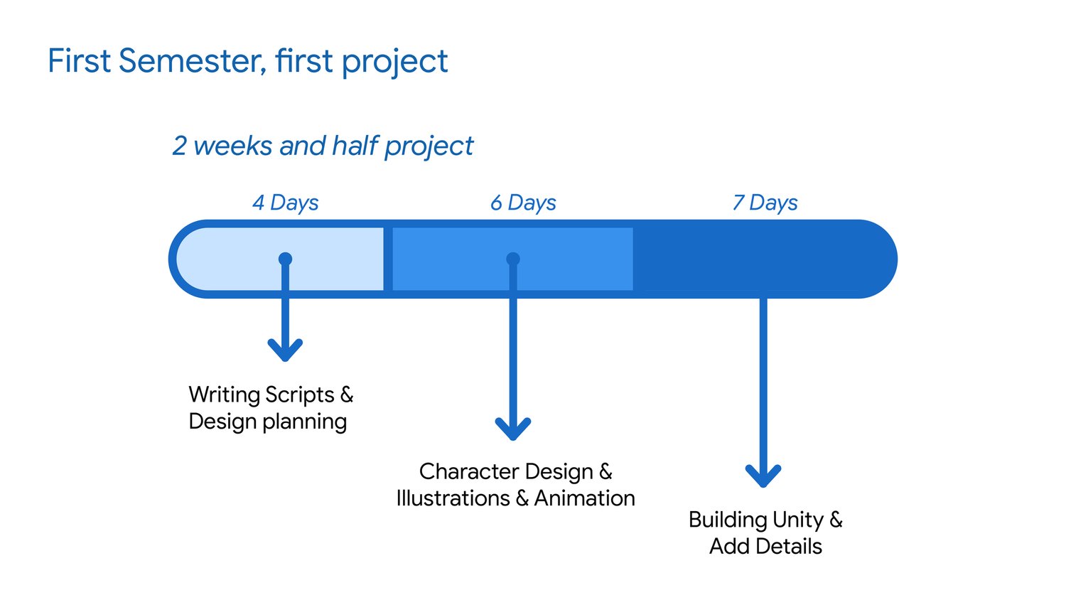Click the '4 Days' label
click(x=285, y=203)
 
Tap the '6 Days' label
click(x=523, y=203)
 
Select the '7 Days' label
click(x=765, y=203)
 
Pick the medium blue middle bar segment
click(x=569, y=259)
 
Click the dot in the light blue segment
click(x=285, y=259)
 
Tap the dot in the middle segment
click(x=513, y=259)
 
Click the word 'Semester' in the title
click(x=192, y=61)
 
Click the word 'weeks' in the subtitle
click(x=232, y=146)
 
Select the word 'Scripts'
click(x=299, y=395)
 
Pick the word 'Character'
click(x=470, y=471)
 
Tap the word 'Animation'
click(x=584, y=498)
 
